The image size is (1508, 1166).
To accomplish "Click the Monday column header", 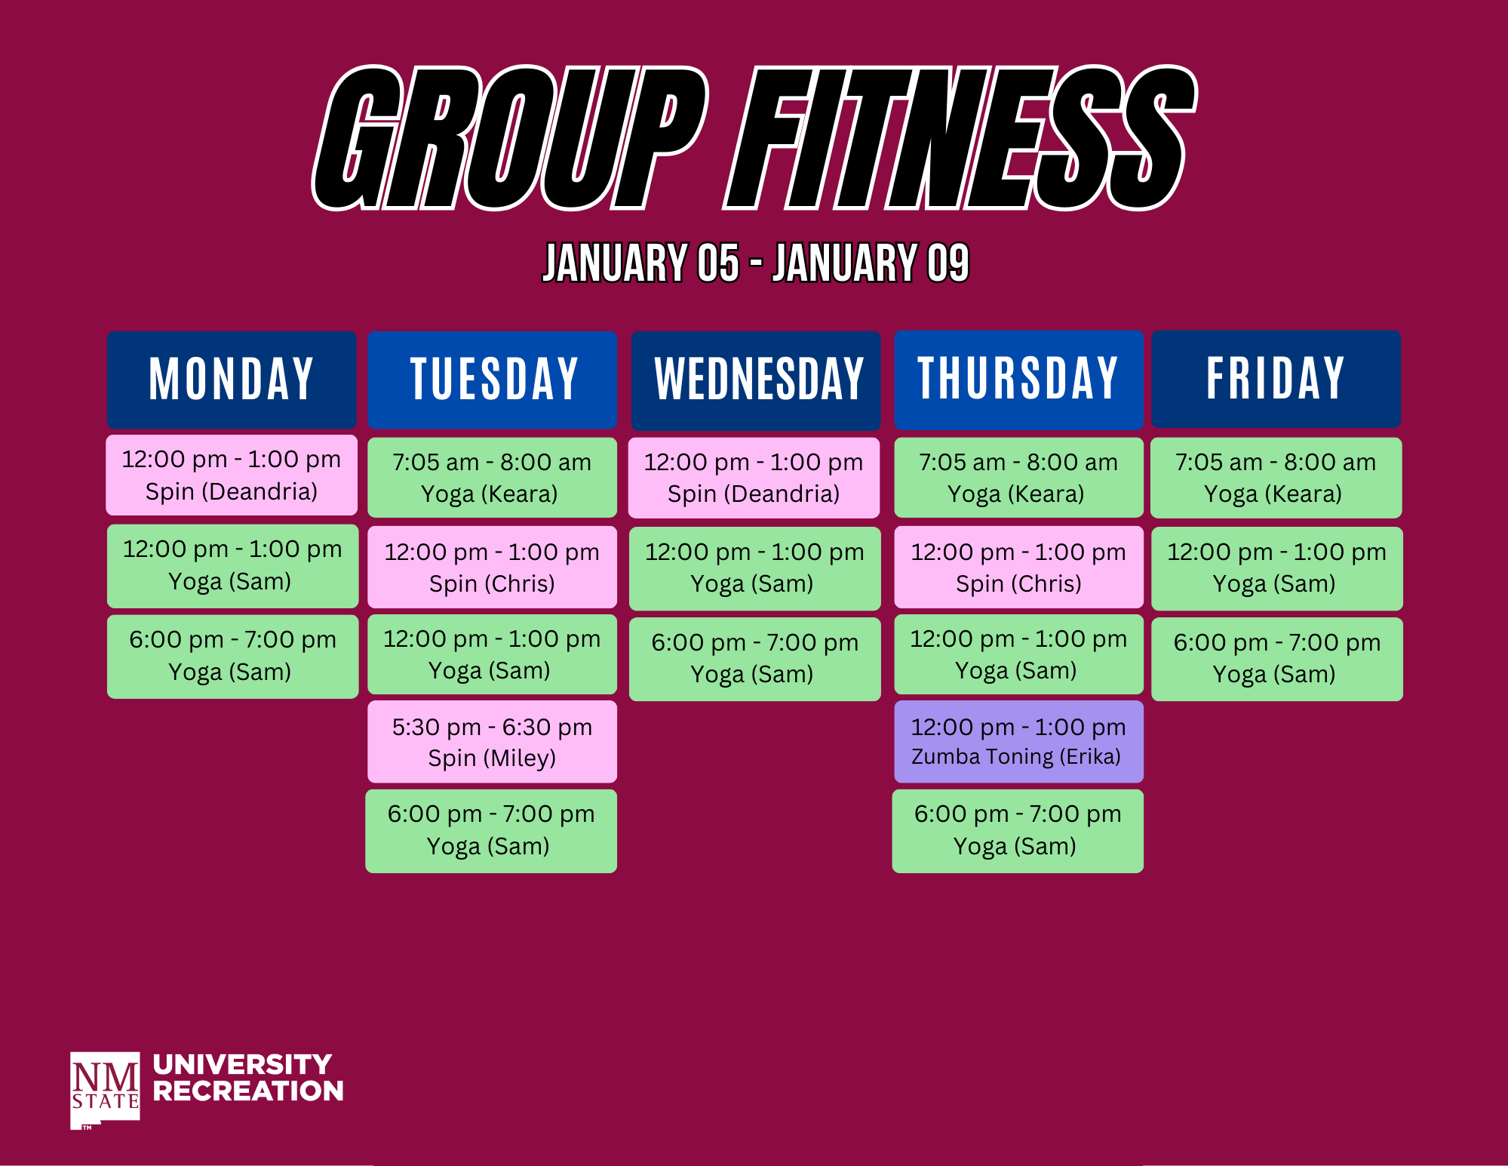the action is click(x=232, y=380).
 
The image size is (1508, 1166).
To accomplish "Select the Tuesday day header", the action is click(x=493, y=380).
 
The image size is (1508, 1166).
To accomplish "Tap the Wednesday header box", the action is click(x=756, y=380).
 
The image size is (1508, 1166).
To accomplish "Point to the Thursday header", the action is click(x=1018, y=379).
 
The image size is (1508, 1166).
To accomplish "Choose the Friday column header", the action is click(x=1276, y=379).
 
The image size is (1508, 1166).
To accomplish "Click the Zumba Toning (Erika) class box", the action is click(x=1018, y=742).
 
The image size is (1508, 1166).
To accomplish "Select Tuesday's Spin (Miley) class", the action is click(x=492, y=742).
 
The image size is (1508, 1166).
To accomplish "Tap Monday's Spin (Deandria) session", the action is click(x=232, y=475).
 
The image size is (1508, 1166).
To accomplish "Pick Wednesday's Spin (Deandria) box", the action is click(x=754, y=478).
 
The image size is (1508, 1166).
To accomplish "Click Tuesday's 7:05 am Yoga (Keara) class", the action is click(x=492, y=478).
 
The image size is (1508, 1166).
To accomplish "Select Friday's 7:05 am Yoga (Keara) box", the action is click(x=1276, y=478).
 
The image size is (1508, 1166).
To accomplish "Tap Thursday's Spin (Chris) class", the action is click(x=1018, y=568).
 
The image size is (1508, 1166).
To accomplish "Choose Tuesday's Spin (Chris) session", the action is click(x=492, y=568).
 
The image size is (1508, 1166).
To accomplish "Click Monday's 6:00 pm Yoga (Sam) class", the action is click(x=232, y=657).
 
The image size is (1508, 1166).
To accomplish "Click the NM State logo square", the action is click(x=105, y=1090).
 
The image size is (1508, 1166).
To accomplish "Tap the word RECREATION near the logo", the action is click(x=248, y=1091).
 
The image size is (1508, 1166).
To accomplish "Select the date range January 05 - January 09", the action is click(x=756, y=263).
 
